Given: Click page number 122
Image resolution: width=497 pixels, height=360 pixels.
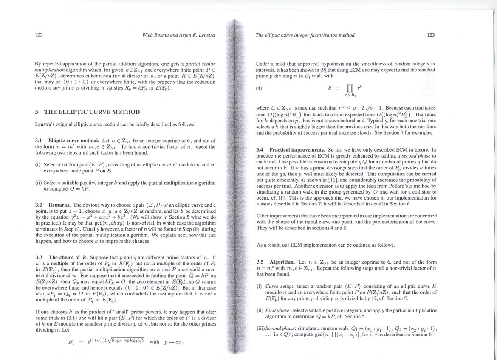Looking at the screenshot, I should click(39, 35).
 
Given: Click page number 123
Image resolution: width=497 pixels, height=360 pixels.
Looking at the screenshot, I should click(431, 35).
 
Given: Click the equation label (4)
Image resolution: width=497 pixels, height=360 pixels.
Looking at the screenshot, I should click(259, 88).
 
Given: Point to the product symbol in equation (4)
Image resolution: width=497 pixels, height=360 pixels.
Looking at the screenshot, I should click(350, 88).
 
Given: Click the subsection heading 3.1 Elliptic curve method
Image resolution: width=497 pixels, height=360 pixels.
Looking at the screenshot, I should click(73, 141).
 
